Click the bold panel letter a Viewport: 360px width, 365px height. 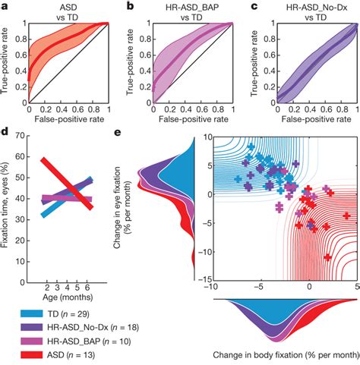5,6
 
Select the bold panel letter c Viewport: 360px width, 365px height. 250,6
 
